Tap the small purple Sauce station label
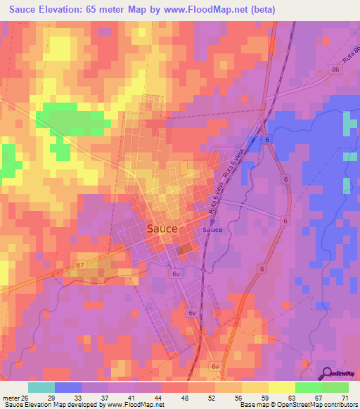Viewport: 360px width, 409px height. pyautogui.click(x=212, y=230)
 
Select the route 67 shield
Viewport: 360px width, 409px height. pyautogui.click(x=79, y=264)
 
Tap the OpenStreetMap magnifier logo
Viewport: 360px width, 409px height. pyautogui.click(x=328, y=374)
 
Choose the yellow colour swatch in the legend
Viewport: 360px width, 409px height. pyautogui.click(x=281, y=387)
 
